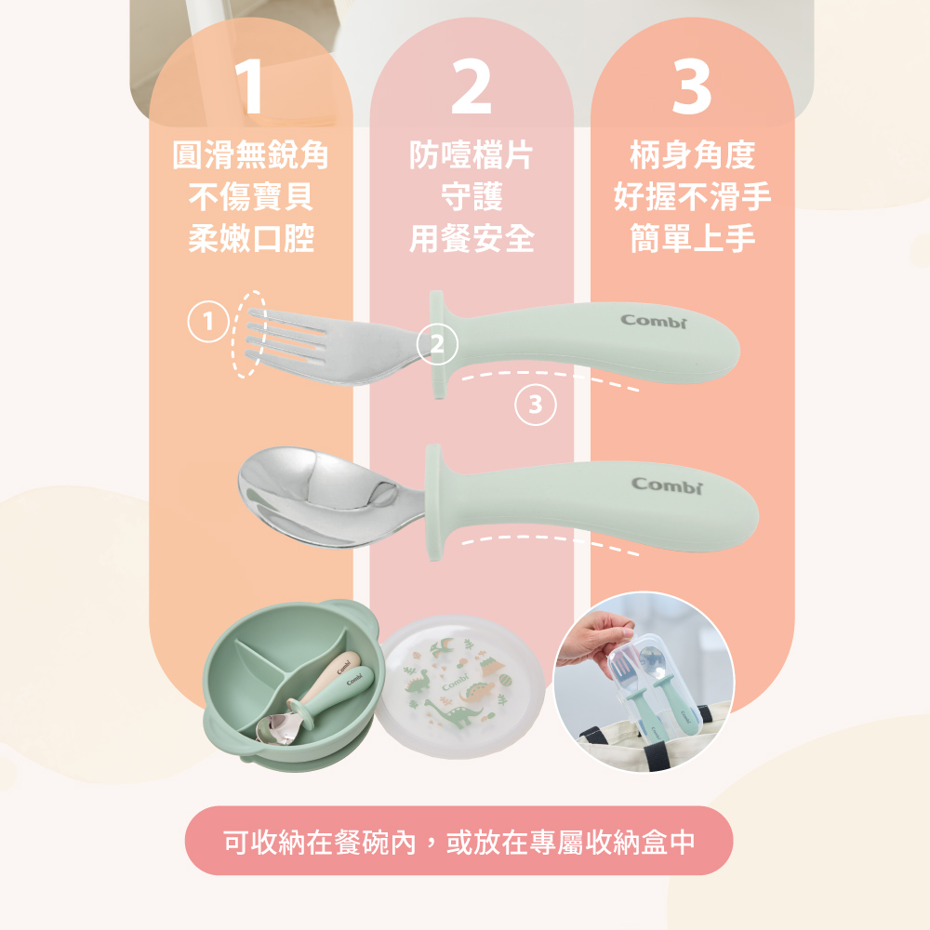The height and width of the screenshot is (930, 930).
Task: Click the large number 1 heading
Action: pyautogui.click(x=249, y=86)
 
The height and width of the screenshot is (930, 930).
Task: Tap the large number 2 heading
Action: pyautogui.click(x=472, y=86)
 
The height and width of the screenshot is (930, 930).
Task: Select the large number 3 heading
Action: pyautogui.click(x=692, y=86)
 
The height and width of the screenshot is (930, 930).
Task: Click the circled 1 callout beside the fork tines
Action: pyautogui.click(x=208, y=322)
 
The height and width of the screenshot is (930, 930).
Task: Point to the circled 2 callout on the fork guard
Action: pyautogui.click(x=437, y=344)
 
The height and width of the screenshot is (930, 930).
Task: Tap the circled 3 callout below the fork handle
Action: pyautogui.click(x=536, y=405)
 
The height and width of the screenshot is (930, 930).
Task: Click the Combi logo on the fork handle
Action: pyautogui.click(x=654, y=321)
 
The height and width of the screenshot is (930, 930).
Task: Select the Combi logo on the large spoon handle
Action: pyautogui.click(x=667, y=485)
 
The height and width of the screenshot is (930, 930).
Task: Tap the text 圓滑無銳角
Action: pyautogui.click(x=250, y=155)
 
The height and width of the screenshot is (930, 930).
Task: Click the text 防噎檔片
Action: pyautogui.click(x=472, y=155)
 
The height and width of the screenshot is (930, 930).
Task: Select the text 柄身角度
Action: pyautogui.click(x=692, y=155)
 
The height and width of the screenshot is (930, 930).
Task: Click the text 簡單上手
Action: pyautogui.click(x=692, y=238)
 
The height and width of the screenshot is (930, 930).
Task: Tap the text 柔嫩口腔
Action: pyautogui.click(x=250, y=238)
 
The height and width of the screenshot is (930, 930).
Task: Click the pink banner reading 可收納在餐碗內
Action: pyautogui.click(x=459, y=841)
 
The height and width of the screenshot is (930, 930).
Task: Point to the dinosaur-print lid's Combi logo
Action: pyautogui.click(x=456, y=683)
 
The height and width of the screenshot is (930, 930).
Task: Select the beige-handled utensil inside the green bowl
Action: pyautogui.click(x=324, y=681)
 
